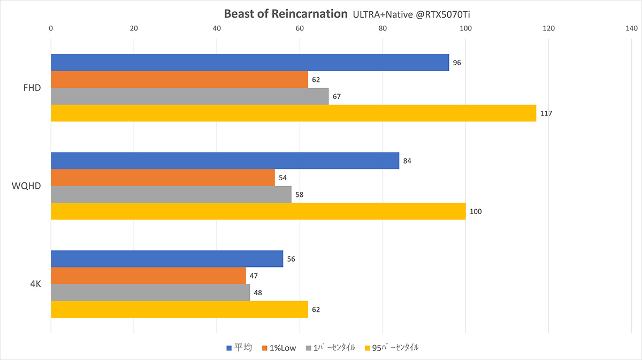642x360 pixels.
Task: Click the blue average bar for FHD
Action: [x=250, y=63]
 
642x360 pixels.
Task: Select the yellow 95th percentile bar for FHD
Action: [x=294, y=113]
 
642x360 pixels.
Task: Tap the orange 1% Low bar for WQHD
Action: [x=163, y=178]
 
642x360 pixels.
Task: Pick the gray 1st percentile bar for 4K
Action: [x=150, y=293]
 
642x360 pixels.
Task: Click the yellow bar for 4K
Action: [x=179, y=310]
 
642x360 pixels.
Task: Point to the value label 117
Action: [x=546, y=113]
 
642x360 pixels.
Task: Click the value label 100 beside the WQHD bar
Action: [x=476, y=211]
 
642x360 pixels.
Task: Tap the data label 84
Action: [x=407, y=161]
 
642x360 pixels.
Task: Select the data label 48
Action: [x=258, y=293]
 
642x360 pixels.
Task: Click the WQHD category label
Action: [x=26, y=186]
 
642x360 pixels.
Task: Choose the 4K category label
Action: [x=35, y=284]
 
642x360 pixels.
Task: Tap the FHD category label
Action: [x=32, y=88]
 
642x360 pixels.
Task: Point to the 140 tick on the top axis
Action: [x=632, y=28]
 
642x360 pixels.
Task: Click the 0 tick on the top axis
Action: [x=51, y=28]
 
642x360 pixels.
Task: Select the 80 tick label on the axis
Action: [x=383, y=28]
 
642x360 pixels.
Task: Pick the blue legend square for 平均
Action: [x=229, y=348]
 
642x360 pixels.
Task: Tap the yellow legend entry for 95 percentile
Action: [x=392, y=348]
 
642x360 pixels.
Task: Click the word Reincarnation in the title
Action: [x=309, y=14]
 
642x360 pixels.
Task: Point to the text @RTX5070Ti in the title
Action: [x=442, y=14]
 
